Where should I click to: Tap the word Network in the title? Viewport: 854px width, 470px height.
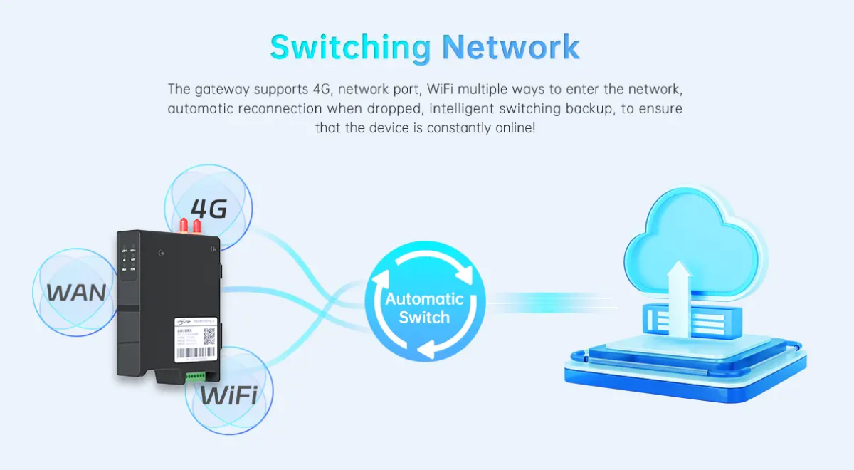[511, 47]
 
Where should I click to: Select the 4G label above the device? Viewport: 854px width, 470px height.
[208, 208]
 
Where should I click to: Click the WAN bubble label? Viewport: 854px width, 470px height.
[77, 292]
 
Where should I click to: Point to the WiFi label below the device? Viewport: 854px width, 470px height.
[228, 395]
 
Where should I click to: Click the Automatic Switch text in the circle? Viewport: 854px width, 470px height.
[424, 308]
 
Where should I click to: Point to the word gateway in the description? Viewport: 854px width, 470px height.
[221, 89]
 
